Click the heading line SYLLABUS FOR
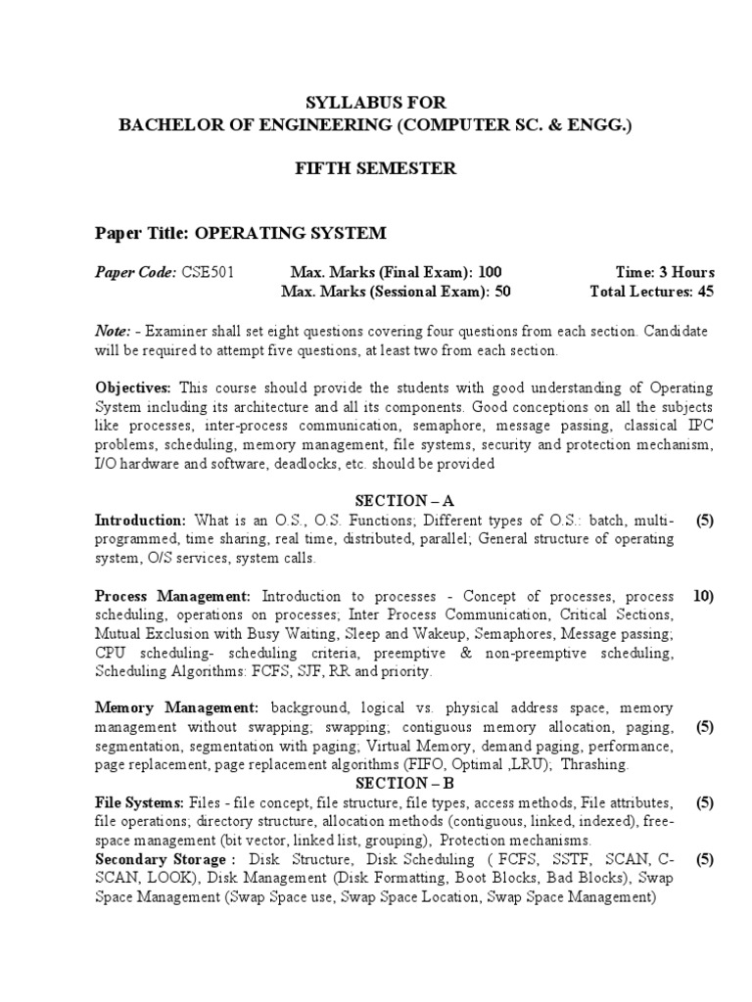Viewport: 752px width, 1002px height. point(376,103)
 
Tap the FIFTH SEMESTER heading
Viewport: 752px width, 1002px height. point(376,168)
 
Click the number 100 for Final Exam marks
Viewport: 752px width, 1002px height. point(492,272)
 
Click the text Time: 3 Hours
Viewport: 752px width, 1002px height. point(665,272)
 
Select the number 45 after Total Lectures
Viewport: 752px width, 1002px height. point(705,292)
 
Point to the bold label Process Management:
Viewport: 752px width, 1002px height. point(173,596)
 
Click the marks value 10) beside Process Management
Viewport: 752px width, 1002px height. point(703,596)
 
